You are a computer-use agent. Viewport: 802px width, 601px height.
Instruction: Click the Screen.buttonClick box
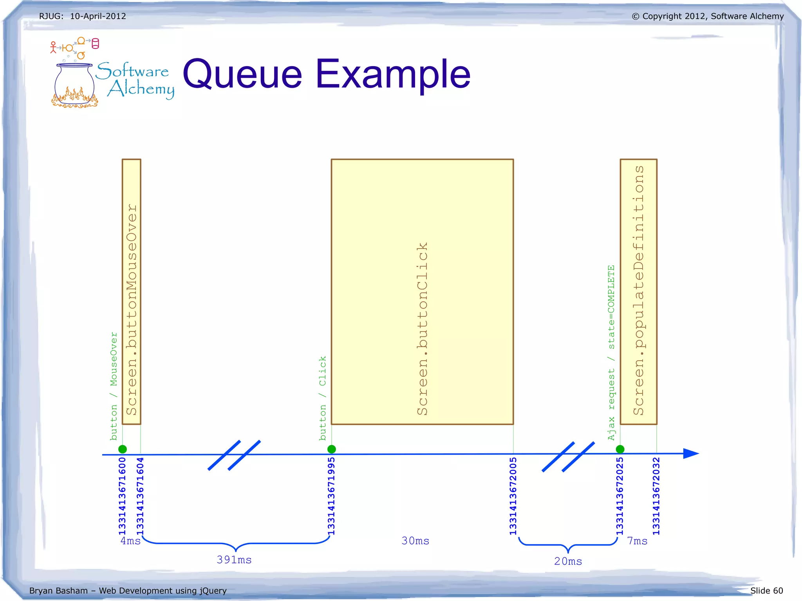[422, 292]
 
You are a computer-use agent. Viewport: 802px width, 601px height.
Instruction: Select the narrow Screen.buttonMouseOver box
[131, 292]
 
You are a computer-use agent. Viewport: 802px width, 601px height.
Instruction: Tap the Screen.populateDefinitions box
[638, 292]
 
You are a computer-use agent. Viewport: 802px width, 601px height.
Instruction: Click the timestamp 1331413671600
[122, 496]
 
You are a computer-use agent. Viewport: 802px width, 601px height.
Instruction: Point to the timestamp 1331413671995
[331, 496]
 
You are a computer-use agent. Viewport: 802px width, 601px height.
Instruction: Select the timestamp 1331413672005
[513, 496]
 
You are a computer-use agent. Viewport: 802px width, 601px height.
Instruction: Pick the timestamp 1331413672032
[656, 496]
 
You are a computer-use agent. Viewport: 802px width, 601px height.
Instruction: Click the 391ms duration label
[234, 560]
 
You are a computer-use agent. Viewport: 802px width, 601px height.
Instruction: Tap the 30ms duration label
[415, 541]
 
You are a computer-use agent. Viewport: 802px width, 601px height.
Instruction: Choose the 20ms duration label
[568, 561]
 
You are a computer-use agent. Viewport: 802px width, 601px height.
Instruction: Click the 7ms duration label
[637, 541]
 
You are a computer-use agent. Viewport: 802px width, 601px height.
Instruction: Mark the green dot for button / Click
[332, 449]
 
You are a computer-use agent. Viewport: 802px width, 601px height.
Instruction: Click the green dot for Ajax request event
[620, 449]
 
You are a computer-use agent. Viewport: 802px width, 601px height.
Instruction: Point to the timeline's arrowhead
[691, 453]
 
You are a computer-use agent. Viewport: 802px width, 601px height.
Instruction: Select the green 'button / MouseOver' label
[114, 386]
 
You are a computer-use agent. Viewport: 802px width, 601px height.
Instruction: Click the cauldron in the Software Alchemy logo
[74, 84]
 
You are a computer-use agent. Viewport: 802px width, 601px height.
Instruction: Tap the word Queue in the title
[242, 74]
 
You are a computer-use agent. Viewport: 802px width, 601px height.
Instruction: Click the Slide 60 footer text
[766, 590]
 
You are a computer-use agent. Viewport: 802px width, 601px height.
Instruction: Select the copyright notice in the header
[708, 16]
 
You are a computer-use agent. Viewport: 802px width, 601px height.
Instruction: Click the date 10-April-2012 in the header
[98, 16]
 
